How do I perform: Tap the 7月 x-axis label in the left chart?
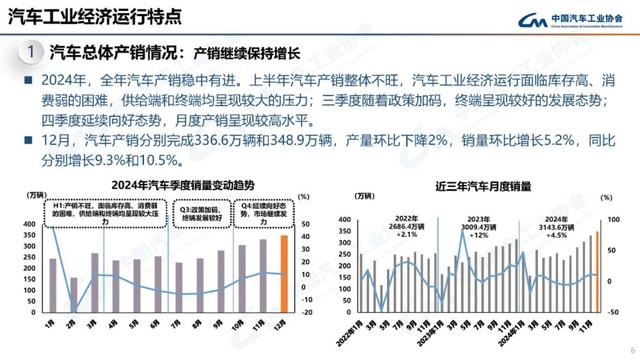(178, 324)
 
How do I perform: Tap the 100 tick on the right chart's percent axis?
(618, 220)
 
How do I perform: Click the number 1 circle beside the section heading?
(32, 52)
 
